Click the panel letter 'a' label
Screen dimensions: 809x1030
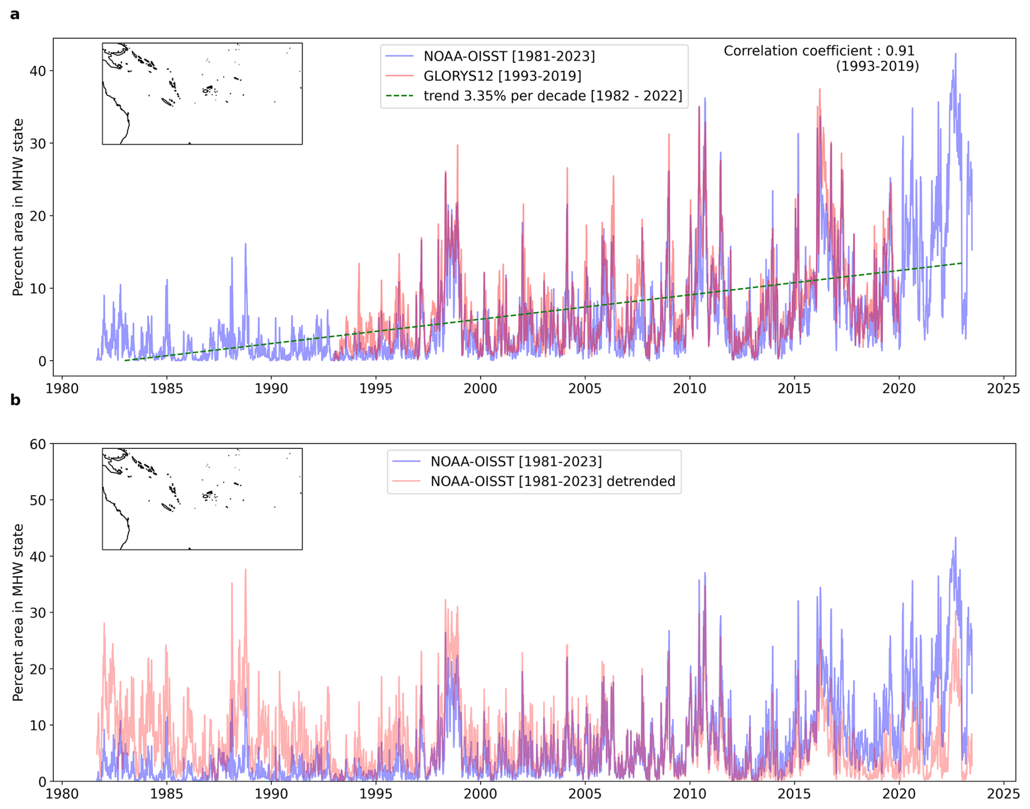click(x=15, y=15)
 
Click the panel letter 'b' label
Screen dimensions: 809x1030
click(x=15, y=400)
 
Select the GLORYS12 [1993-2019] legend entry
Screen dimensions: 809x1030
click(x=502, y=76)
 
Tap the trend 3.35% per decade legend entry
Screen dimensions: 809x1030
click(x=553, y=96)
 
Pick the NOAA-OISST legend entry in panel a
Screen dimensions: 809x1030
click(x=509, y=56)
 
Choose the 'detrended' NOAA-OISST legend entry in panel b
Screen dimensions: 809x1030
click(x=553, y=481)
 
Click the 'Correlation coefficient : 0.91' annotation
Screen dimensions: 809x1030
click(x=819, y=51)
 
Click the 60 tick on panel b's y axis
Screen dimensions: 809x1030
click(x=38, y=444)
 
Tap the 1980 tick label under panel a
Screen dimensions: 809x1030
click(x=62, y=389)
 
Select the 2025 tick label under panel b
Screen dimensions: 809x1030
click(x=1003, y=794)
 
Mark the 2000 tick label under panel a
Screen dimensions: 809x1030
click(x=480, y=389)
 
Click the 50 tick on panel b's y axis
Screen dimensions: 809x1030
click(x=38, y=501)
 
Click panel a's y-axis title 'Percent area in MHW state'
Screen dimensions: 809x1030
click(x=18, y=207)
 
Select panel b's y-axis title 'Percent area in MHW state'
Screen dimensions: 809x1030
click(x=18, y=612)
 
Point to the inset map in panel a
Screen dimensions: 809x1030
click(x=202, y=94)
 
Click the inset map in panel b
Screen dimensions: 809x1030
click(x=202, y=499)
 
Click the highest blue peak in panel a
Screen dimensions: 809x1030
click(x=955, y=54)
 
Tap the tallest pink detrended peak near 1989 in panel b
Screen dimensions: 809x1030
click(x=246, y=570)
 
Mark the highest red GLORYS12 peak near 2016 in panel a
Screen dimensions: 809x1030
click(x=819, y=89)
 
